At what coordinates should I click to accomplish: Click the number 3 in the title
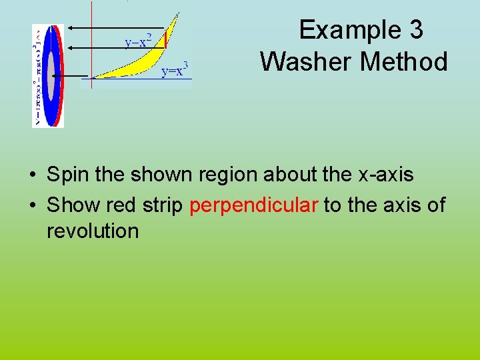coord(414,30)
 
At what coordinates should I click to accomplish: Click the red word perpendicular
coord(254,205)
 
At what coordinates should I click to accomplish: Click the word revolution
coord(93,231)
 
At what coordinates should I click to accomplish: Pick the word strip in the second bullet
coord(161,205)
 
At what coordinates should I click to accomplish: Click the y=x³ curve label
coord(176,69)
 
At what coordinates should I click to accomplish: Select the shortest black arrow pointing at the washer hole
coord(71,76)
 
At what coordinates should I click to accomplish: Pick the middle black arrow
coord(100,47)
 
